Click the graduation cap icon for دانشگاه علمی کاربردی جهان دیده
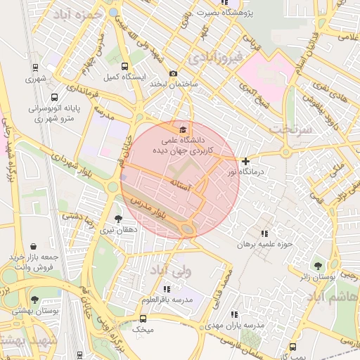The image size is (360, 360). click(184, 129)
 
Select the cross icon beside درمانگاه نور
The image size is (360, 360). click(245, 162)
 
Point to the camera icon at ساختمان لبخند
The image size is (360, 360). click(174, 74)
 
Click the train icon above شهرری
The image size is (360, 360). click(35, 68)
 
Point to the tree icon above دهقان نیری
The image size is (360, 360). click(117, 219)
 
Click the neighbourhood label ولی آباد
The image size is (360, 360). click(190, 270)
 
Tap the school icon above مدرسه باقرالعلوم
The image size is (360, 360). click(167, 290)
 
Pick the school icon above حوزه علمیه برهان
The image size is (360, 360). click(264, 234)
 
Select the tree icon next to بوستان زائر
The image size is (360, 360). click(319, 266)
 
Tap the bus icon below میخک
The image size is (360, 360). click(144, 339)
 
